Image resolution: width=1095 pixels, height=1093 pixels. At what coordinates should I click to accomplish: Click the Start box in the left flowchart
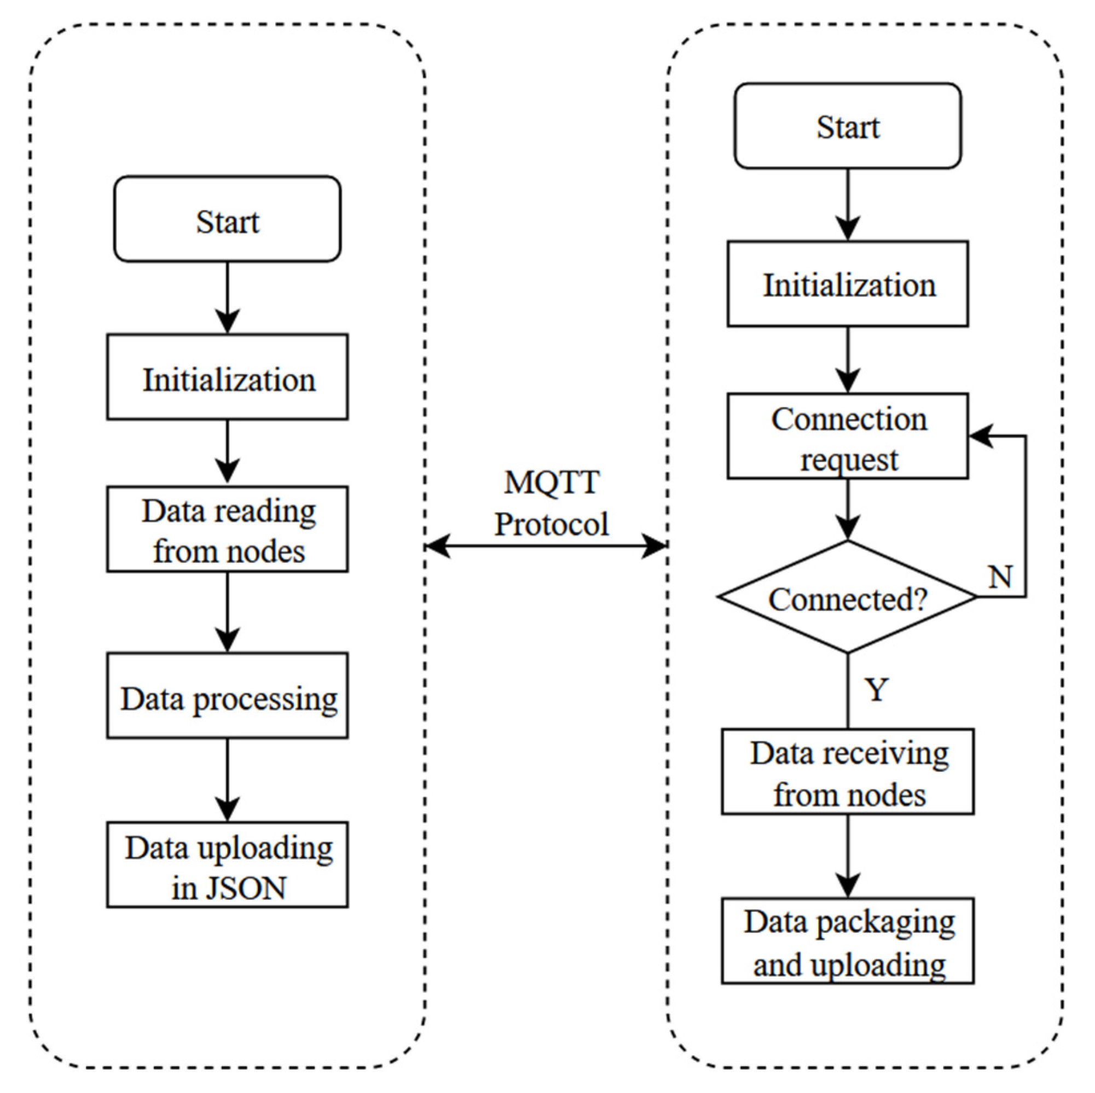coord(227,219)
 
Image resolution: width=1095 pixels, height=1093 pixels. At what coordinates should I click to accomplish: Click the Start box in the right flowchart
coord(847,126)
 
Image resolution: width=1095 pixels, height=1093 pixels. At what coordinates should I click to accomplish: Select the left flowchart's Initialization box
coord(227,377)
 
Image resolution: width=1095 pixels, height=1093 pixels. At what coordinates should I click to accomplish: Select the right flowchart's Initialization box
coord(847,284)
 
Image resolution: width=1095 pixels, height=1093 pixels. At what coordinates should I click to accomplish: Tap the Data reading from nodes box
coord(227,529)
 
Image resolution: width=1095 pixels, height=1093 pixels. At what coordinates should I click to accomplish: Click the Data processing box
coord(227,696)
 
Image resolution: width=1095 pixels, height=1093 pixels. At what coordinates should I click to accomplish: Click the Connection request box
coord(847,437)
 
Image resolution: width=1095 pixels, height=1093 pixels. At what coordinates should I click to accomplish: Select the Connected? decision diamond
coord(847,597)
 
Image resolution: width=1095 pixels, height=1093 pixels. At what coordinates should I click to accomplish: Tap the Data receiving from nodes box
coord(847,772)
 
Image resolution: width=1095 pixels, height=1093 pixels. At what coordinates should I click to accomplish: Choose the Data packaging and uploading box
coord(847,941)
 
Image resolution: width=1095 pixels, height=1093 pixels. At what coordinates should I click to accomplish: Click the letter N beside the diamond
coord(1000,577)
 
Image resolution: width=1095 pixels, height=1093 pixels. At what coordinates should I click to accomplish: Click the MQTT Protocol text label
coord(551,503)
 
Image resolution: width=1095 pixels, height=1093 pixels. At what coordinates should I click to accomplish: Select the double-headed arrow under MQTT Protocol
coord(546,545)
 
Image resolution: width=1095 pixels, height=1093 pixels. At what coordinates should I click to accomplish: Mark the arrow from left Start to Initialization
coord(227,297)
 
